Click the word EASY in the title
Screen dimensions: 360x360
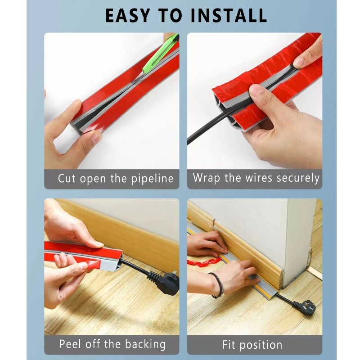(x=127, y=16)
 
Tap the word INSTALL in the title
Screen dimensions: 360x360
(x=229, y=16)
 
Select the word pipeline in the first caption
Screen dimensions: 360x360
(x=152, y=179)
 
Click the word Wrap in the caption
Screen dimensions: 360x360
(x=206, y=178)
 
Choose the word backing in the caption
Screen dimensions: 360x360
(x=145, y=344)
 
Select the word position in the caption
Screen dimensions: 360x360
(x=261, y=345)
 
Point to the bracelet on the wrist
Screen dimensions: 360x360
(x=218, y=285)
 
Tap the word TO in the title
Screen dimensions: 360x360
(x=170, y=16)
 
